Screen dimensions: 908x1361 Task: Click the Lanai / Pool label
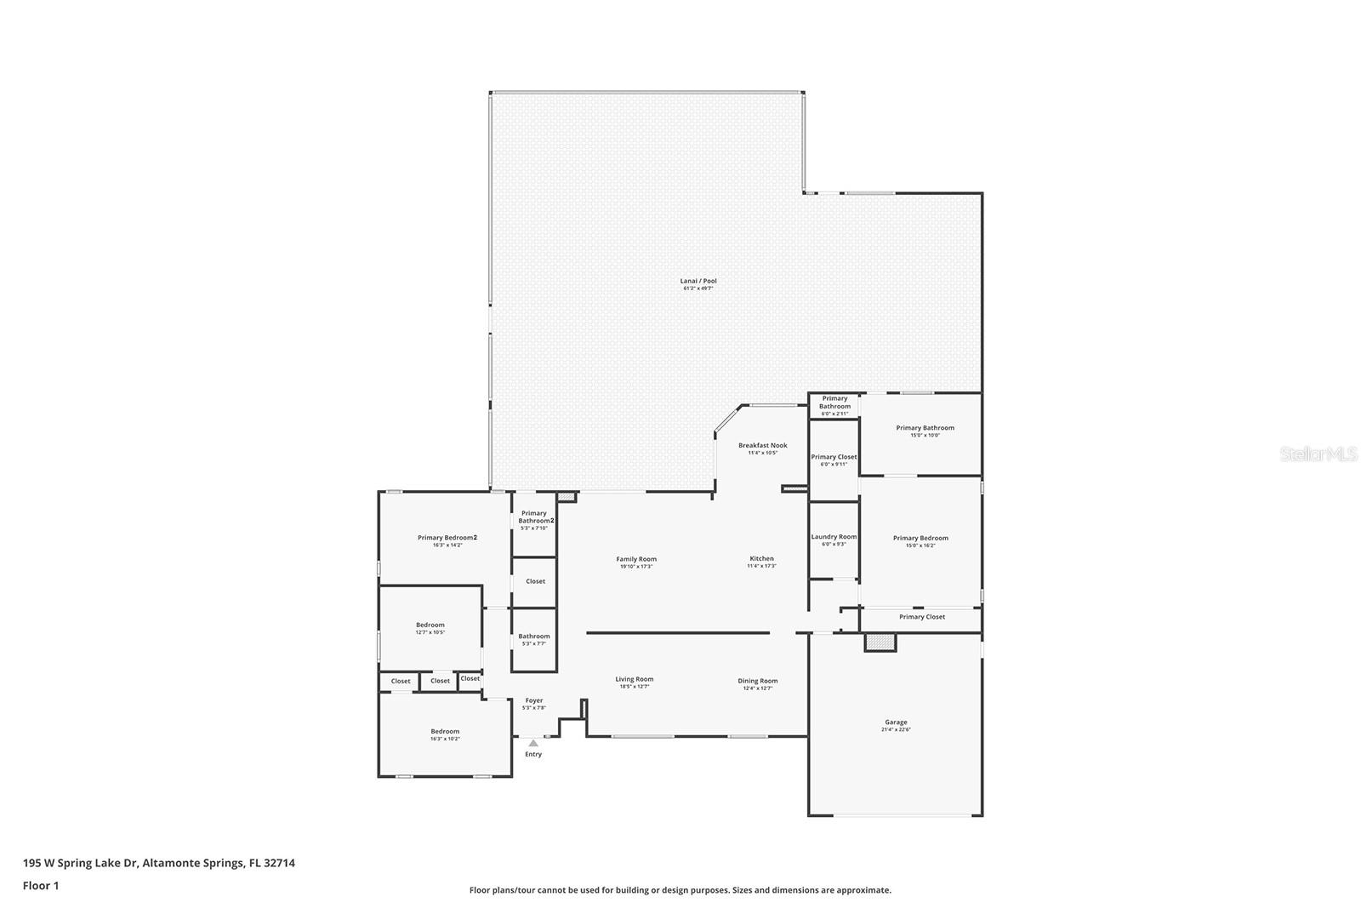[x=698, y=281]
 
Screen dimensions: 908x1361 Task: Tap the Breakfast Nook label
[x=762, y=446]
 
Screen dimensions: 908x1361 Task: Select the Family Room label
[x=636, y=559]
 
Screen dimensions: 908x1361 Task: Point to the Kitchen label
[x=761, y=559]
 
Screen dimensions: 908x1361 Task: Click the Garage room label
[x=896, y=722]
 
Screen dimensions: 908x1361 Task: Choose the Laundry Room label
[x=834, y=537]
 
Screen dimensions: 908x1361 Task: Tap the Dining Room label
[x=757, y=681]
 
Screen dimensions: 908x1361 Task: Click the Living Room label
[x=635, y=679]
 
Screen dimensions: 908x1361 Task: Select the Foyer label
[x=533, y=700]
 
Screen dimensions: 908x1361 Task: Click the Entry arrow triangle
[x=533, y=743]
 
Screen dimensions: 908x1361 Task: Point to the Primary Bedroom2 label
[x=447, y=538]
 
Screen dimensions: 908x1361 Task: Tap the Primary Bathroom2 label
[x=533, y=517]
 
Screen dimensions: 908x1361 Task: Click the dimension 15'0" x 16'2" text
[x=920, y=545]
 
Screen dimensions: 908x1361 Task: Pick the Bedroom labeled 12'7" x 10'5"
[x=430, y=625]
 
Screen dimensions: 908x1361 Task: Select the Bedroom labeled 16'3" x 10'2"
[x=444, y=732]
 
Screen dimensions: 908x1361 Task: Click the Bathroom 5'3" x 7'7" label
[x=534, y=637]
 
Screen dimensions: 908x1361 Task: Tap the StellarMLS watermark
[x=1318, y=454]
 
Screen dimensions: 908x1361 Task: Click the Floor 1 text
[x=41, y=885]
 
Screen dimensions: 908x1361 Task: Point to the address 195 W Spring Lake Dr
[x=159, y=863]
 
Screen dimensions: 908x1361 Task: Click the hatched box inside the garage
[x=880, y=642]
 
